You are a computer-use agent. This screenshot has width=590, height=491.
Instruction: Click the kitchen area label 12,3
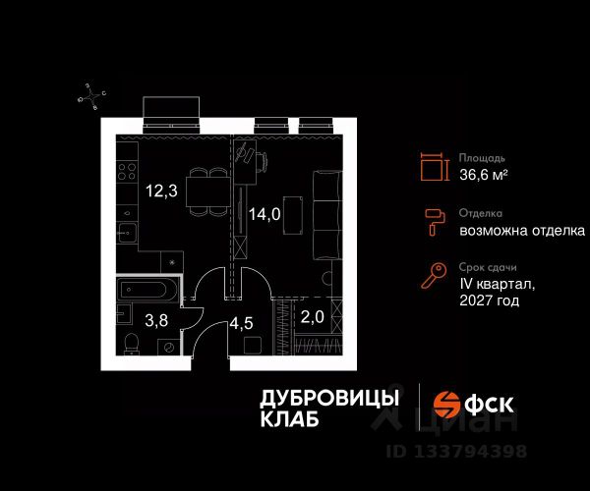click(162, 191)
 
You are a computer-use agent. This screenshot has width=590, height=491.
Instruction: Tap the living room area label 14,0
click(265, 214)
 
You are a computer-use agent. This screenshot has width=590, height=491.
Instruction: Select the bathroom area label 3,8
click(156, 321)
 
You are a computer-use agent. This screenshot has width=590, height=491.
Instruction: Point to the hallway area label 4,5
click(241, 323)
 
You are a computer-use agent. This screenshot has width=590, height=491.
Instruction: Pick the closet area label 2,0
click(313, 317)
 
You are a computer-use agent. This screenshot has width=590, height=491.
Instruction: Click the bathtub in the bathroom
click(147, 290)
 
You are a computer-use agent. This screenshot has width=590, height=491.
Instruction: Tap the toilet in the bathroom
click(132, 343)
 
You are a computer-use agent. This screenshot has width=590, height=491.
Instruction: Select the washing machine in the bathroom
click(169, 347)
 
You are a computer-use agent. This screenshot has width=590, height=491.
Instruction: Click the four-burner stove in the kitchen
click(127, 171)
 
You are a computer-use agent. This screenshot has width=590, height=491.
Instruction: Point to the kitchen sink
click(127, 234)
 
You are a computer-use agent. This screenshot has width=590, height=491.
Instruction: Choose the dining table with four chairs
click(208, 191)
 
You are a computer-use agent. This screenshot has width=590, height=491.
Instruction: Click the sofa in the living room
click(327, 215)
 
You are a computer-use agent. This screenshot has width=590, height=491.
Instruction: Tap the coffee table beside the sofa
click(293, 215)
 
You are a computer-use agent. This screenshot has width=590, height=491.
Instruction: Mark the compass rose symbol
click(91, 97)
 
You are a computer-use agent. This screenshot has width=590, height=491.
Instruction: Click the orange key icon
click(434, 275)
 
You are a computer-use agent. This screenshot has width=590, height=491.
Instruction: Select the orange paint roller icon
click(435, 222)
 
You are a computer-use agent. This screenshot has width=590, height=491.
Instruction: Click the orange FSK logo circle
click(446, 405)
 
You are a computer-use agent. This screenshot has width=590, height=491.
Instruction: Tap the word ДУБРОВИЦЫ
click(329, 399)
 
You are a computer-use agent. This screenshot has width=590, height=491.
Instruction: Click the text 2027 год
click(490, 300)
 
